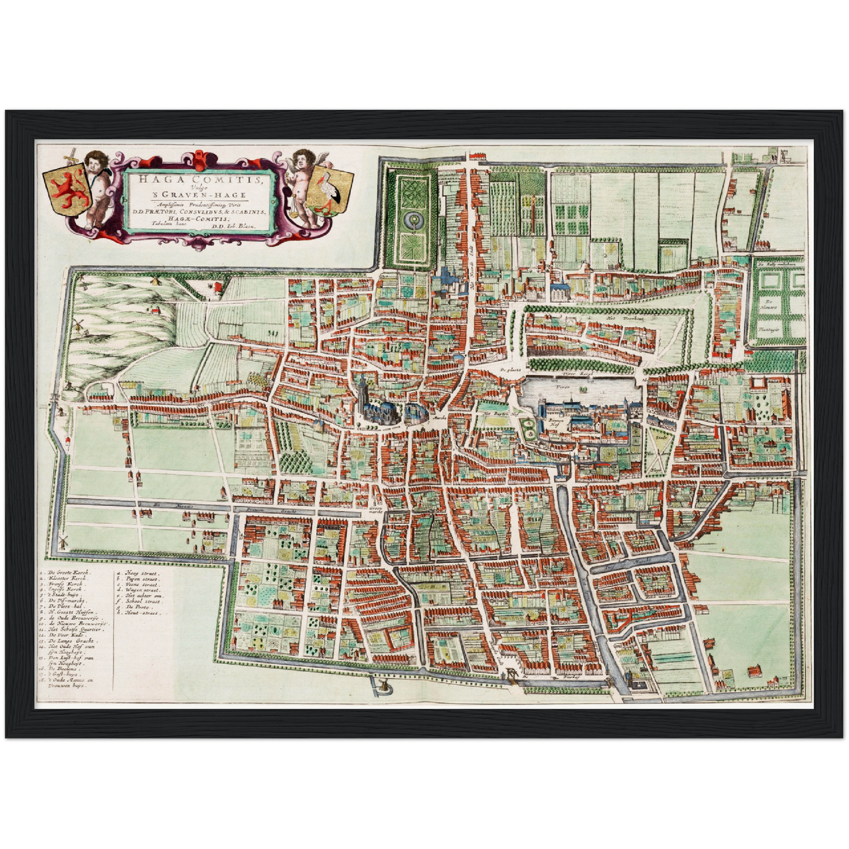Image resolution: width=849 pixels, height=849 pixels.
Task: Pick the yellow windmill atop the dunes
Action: click(156, 280)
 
